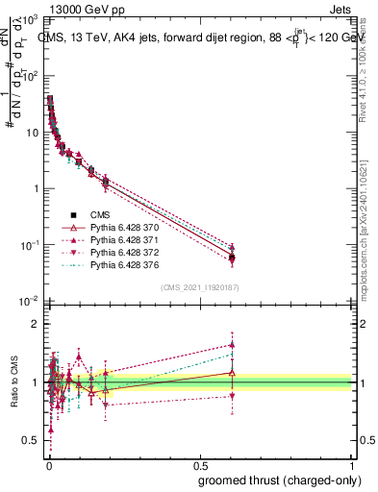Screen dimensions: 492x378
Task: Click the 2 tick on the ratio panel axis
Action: tap(37, 324)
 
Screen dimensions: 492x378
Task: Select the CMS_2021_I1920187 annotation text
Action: tap(201, 287)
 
